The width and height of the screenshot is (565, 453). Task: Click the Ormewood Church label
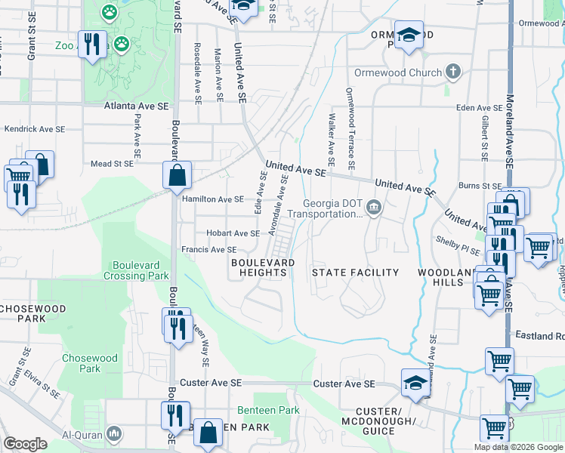click(x=398, y=72)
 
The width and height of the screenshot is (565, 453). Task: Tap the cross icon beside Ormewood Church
click(x=452, y=72)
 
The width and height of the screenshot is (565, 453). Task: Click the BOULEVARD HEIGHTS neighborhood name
click(x=263, y=267)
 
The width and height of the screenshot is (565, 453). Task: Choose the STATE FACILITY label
click(x=355, y=272)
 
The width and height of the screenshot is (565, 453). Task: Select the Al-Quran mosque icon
click(x=113, y=433)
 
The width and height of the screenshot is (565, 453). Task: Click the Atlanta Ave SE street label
click(x=136, y=106)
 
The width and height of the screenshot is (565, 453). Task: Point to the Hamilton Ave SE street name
click(x=213, y=199)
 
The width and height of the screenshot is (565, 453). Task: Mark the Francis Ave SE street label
click(x=209, y=249)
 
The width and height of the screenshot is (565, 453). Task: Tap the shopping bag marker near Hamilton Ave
click(x=176, y=176)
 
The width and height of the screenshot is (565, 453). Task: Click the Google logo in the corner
click(x=25, y=444)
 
